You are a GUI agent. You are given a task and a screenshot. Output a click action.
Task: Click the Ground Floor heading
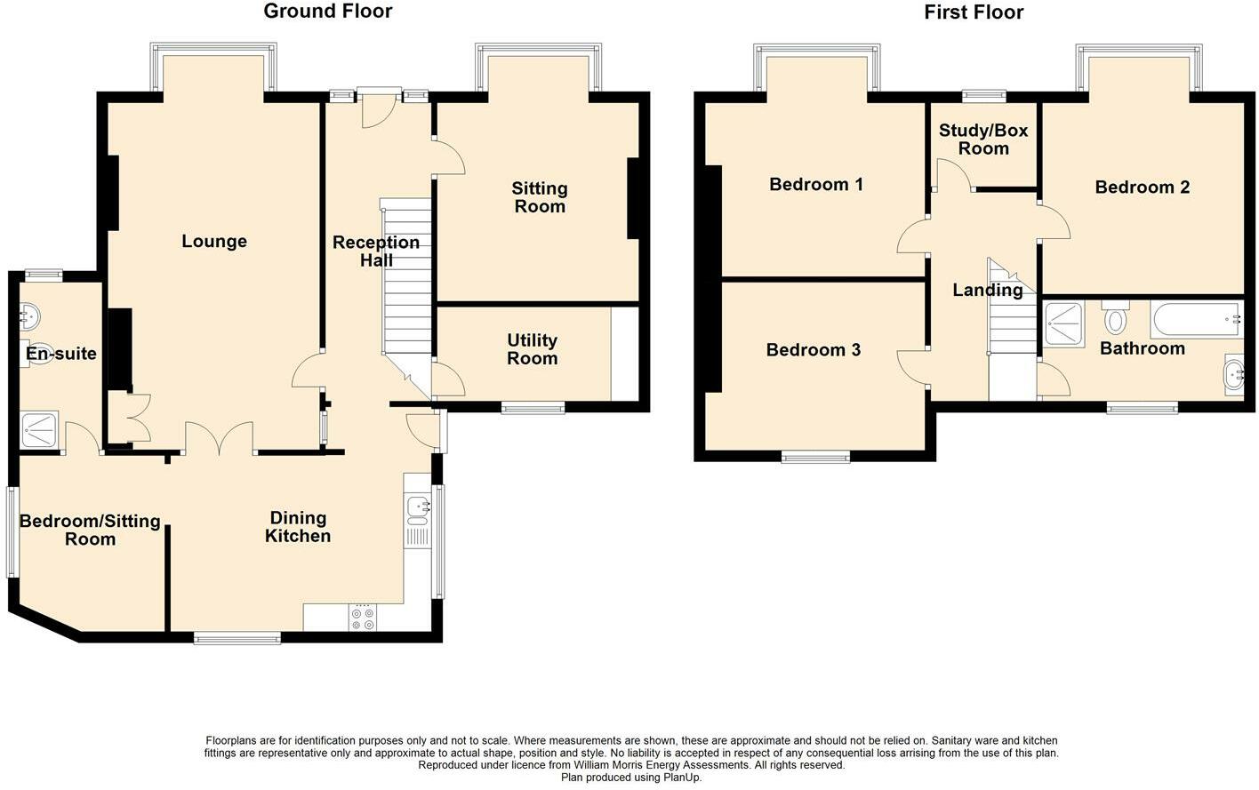[327, 12]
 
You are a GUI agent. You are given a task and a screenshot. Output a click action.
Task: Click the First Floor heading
[974, 12]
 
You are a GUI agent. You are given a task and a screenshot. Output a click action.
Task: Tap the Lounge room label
[214, 242]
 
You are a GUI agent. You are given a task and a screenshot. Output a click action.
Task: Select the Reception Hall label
[375, 251]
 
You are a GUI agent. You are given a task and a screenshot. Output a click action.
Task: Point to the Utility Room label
[532, 349]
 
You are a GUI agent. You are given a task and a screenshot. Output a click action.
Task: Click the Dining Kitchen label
[298, 527]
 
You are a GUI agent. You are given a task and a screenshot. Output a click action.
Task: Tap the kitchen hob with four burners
[363, 618]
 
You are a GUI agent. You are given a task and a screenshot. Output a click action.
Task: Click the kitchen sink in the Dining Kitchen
[417, 507]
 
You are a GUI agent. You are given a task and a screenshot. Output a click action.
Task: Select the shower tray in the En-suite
[40, 431]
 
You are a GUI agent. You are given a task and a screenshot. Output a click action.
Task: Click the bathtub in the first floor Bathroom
[1195, 319]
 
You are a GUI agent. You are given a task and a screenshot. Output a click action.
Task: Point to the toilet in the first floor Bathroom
[1115, 317]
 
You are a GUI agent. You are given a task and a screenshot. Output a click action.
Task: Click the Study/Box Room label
[983, 140]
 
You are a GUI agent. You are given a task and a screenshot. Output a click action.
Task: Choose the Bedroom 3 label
[813, 350]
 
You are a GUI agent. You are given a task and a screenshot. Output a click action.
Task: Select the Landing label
[987, 290]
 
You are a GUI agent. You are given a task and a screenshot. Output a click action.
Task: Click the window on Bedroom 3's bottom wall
[815, 458]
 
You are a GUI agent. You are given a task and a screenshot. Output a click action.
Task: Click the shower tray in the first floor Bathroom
[1063, 323]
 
